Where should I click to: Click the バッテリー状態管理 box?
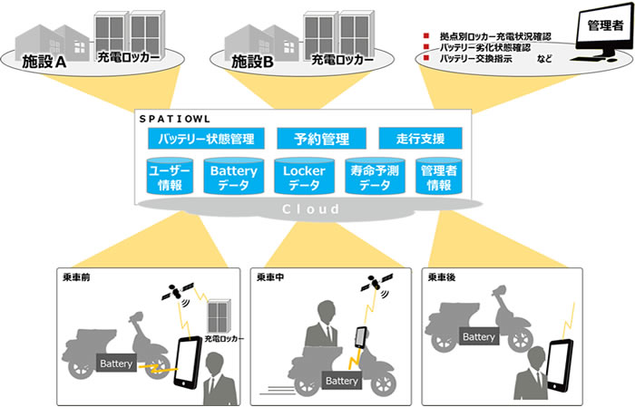tap(206, 139)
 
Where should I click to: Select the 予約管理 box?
tap(319, 139)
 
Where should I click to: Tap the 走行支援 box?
tap(420, 139)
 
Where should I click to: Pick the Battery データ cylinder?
tap(232, 177)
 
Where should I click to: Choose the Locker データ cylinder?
tap(298, 177)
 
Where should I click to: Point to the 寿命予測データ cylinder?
tap(368, 177)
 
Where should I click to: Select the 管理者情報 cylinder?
tap(436, 177)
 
